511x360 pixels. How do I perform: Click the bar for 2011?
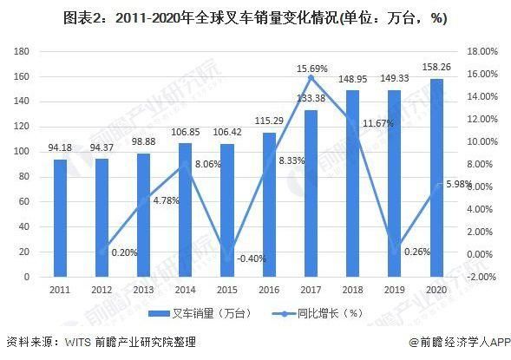click(x=60, y=218)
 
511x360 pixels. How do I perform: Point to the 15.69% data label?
click(x=311, y=69)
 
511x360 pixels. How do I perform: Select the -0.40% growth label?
click(x=227, y=259)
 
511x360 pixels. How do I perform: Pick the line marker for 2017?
click(x=311, y=78)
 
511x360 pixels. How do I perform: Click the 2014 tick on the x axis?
click(x=185, y=290)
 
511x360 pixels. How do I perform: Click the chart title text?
click(x=254, y=18)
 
